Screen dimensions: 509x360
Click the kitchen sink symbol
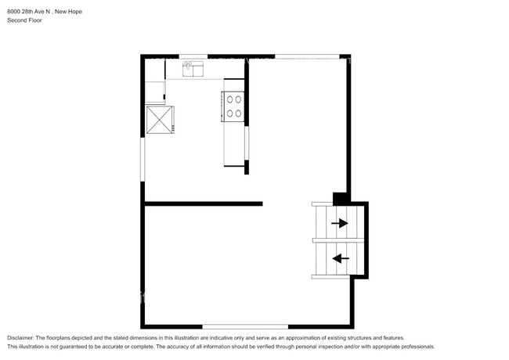[x=193, y=69]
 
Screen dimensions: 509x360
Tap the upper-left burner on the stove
[x=229, y=99]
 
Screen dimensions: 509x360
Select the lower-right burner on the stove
[x=238, y=113]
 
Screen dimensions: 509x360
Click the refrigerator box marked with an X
[x=160, y=120]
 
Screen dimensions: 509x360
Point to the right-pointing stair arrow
[x=340, y=223]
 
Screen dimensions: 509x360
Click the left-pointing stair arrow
[x=341, y=258]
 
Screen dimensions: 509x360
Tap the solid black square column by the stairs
[x=340, y=199]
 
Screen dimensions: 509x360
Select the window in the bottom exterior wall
[x=245, y=326]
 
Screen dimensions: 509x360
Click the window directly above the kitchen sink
[x=193, y=56]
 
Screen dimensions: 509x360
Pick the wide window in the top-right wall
[x=307, y=56]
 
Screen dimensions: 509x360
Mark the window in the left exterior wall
[x=143, y=159]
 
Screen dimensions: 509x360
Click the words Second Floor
[x=25, y=20]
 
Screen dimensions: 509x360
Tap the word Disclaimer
[x=20, y=338]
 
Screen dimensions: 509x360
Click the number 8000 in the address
[x=13, y=12]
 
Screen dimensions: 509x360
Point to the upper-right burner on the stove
[x=238, y=99]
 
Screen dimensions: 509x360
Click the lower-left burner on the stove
[x=229, y=113]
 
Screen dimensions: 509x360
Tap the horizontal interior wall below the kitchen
[x=204, y=203]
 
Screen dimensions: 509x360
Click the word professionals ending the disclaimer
[x=417, y=347]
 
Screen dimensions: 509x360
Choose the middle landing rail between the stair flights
[x=338, y=240]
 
